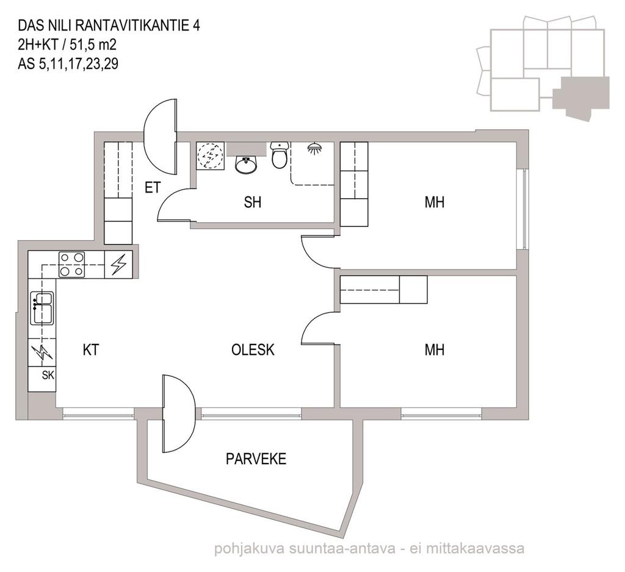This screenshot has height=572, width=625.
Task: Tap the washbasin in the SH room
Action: tap(246, 165)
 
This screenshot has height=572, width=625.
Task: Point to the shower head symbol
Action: tap(316, 149)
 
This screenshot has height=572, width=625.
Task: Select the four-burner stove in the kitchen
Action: tap(72, 265)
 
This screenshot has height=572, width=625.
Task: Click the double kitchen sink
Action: tap(42, 308)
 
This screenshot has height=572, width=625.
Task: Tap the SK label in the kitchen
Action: tap(48, 375)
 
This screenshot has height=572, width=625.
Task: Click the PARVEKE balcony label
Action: tap(256, 459)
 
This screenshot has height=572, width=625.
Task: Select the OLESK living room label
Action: tap(253, 350)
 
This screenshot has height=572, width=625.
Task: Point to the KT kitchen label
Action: tap(91, 350)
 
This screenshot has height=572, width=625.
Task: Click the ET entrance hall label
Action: tap(152, 187)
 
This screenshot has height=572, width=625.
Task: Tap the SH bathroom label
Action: tap(253, 202)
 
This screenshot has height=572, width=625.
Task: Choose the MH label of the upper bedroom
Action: tap(435, 202)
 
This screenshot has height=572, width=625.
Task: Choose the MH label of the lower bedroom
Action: tap(435, 350)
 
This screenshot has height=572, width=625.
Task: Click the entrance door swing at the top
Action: tap(160, 136)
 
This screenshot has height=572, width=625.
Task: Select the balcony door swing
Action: tap(179, 413)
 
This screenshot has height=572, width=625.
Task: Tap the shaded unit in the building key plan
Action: tap(582, 96)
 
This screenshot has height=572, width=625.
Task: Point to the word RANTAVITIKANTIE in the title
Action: tap(132, 26)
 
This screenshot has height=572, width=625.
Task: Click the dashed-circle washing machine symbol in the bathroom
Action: tap(210, 156)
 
